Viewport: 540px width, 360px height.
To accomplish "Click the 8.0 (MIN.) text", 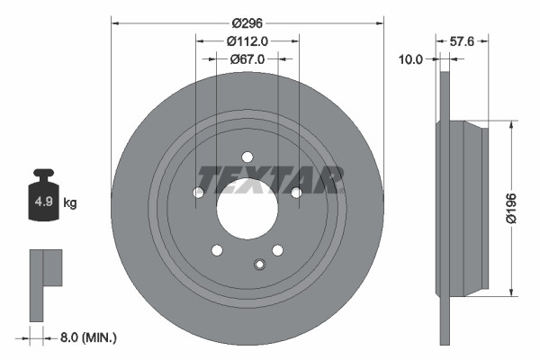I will click(87, 337).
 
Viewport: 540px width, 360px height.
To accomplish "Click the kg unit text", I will click(70, 203).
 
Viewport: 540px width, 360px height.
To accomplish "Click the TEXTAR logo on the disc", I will click(270, 180).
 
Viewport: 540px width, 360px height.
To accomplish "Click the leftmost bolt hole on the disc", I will click(199, 192).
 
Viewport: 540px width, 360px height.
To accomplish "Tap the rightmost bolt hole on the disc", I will click(295, 192).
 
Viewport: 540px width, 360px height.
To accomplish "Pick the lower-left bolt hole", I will click(216, 249).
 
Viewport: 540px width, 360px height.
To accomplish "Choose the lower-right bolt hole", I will click(277, 249).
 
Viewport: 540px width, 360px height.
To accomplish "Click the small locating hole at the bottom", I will click(259, 264).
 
